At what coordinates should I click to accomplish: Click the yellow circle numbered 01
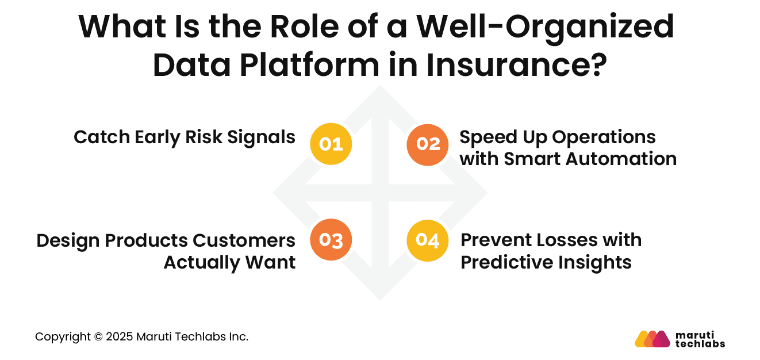(331, 144)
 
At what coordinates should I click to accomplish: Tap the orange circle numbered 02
(427, 144)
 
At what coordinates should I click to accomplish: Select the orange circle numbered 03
(331, 240)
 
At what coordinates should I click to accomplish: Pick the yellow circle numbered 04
(427, 240)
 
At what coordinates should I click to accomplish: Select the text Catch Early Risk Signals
(185, 137)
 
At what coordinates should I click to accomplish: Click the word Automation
(619, 159)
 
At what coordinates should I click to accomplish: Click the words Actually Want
(229, 262)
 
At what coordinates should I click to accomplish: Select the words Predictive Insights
(546, 262)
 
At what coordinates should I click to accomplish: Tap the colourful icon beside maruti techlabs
(652, 339)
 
